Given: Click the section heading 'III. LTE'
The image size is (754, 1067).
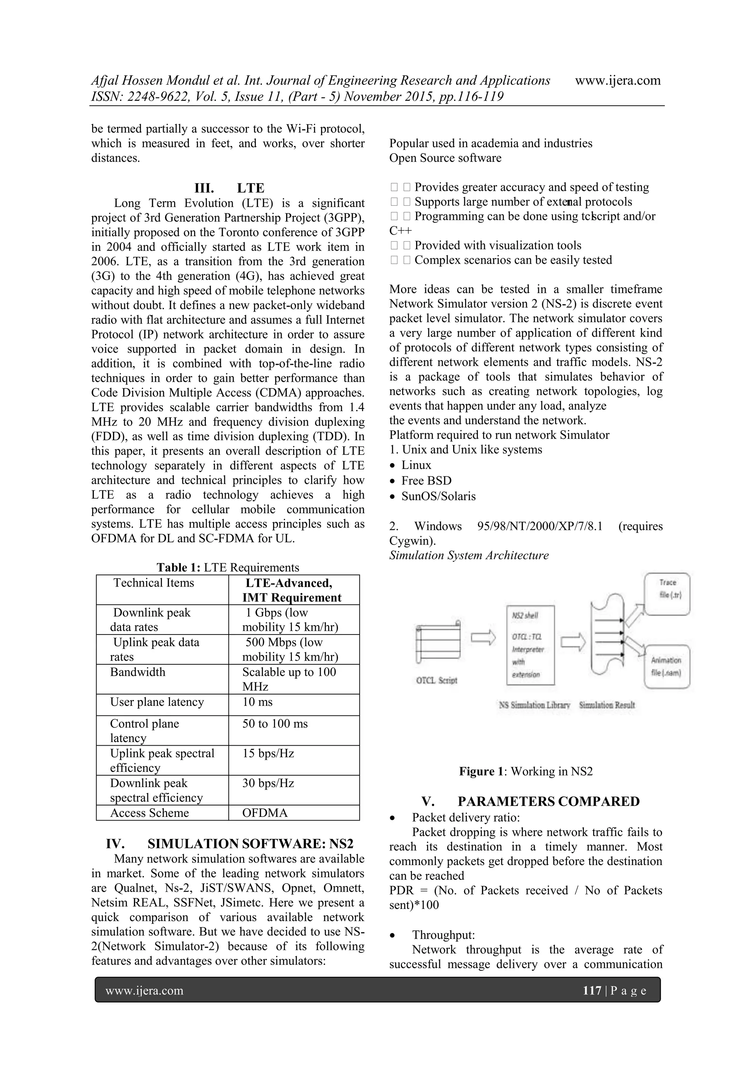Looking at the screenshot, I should (x=229, y=188).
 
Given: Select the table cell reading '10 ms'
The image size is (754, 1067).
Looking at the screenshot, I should (x=257, y=702).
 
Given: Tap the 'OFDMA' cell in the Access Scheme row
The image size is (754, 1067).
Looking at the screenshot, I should (x=265, y=813).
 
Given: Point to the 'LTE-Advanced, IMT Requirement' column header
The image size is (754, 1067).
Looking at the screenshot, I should (x=292, y=590).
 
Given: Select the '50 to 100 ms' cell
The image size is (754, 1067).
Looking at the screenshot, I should (x=275, y=724).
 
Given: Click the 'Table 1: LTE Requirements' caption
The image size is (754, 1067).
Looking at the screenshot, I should (x=228, y=567).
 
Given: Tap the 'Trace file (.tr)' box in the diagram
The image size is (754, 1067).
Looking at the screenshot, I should (x=667, y=594).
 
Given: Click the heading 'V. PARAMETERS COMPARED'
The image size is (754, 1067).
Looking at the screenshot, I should (x=530, y=802).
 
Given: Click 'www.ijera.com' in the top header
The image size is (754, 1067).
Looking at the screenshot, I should (x=617, y=80).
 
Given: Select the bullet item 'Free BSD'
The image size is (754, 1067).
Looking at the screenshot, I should (x=426, y=480).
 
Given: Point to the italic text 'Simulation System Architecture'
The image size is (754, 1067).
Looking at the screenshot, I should (x=469, y=555).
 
